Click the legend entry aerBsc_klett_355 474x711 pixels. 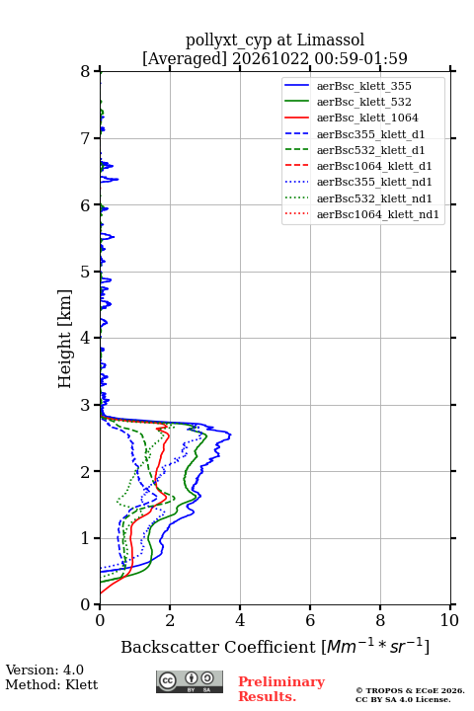coord(363,86)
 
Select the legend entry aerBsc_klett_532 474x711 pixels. coord(363,102)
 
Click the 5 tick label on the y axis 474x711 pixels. coord(86,272)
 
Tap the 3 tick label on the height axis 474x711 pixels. coord(86,405)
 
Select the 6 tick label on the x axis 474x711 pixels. coord(310,620)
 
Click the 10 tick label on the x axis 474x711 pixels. coord(449,620)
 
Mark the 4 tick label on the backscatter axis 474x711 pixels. coord(240,620)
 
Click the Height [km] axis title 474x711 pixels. coord(65,339)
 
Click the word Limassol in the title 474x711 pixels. coord(330,39)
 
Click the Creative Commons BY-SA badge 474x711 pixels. coord(190,682)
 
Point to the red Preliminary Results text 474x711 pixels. coord(281,689)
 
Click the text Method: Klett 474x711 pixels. coord(51,684)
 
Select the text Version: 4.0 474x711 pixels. coord(44,670)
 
